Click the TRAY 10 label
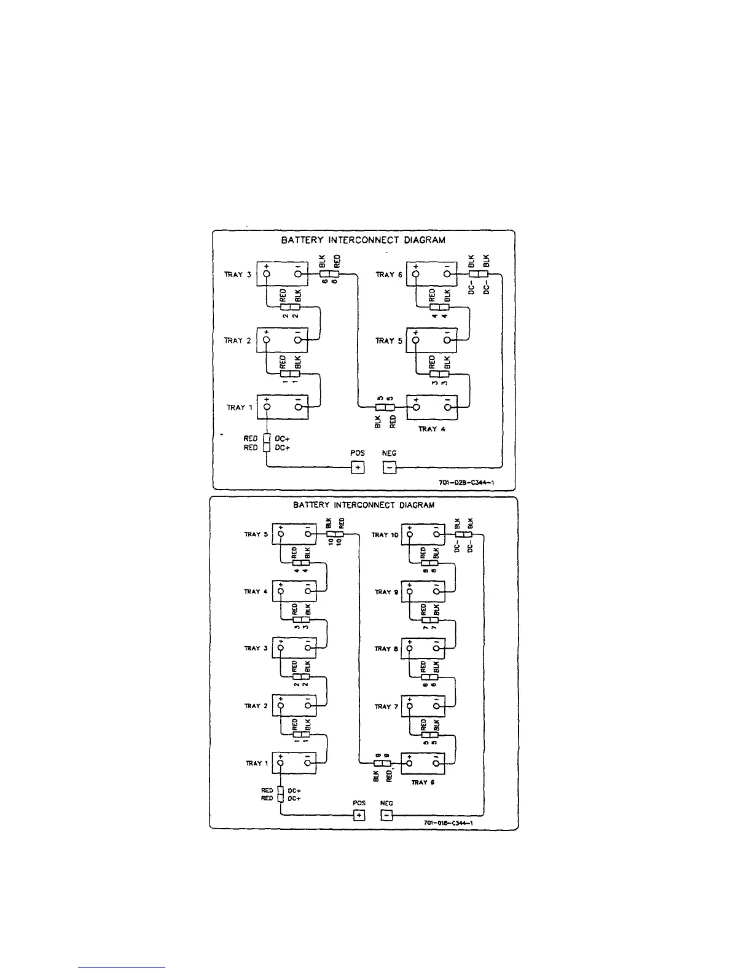pos(385,535)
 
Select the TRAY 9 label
pos(386,592)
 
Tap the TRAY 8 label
pos(386,649)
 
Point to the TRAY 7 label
pos(386,706)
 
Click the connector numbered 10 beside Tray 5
pos(334,535)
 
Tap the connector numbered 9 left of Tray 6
pos(382,764)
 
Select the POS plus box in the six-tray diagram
pos(358,467)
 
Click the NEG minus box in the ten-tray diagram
pos(386,815)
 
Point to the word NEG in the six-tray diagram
pos(390,453)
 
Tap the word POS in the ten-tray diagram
pos(359,803)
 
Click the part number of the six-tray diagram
pos(468,483)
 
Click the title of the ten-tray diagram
pos(364,505)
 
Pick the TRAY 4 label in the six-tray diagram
pos(431,429)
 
